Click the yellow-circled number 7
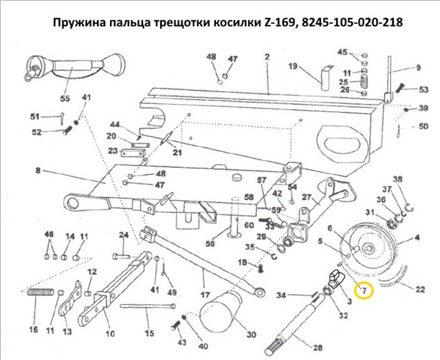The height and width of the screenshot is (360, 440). pyautogui.click(x=364, y=291)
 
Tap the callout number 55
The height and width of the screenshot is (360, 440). pyautogui.click(x=65, y=98)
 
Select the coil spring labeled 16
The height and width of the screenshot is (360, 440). pyautogui.click(x=41, y=293)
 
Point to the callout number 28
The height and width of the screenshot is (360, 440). pyautogui.click(x=318, y=348)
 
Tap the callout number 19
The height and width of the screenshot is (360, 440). pyautogui.click(x=293, y=67)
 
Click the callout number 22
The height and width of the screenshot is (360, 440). pyautogui.click(x=420, y=289)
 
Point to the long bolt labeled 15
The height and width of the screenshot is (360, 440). pyautogui.click(x=148, y=306)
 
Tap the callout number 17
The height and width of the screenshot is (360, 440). pyautogui.click(x=205, y=295)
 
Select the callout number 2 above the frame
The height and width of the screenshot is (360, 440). pyautogui.click(x=267, y=57)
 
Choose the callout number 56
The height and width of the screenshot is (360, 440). pyautogui.click(x=210, y=243)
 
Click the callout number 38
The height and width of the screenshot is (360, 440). pyautogui.click(x=397, y=179)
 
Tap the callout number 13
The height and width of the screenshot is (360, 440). pyautogui.click(x=67, y=332)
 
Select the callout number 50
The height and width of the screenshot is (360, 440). pyautogui.click(x=423, y=126)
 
